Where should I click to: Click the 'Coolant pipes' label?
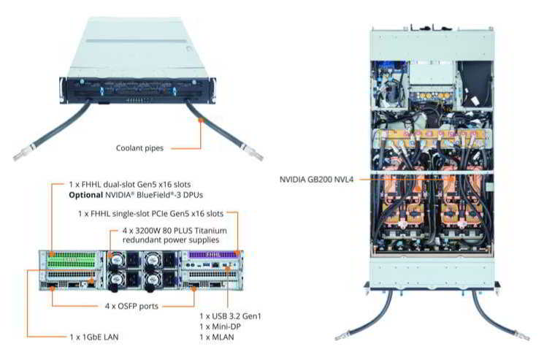tap(139, 148)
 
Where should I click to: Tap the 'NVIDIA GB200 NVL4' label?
tap(316, 179)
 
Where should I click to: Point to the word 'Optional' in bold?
tap(88, 197)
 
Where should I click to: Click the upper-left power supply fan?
tap(116, 259)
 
